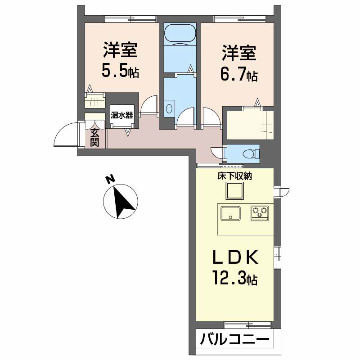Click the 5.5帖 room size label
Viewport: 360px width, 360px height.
pyautogui.click(x=120, y=71)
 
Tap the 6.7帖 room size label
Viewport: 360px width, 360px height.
pyautogui.click(x=238, y=74)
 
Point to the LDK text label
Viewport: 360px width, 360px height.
pyautogui.click(x=235, y=257)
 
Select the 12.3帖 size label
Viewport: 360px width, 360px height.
pyautogui.click(x=235, y=279)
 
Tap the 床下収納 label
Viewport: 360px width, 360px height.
pyautogui.click(x=234, y=176)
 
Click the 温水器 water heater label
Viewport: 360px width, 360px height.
pyautogui.click(x=121, y=115)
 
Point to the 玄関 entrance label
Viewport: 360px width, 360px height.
pyautogui.click(x=94, y=138)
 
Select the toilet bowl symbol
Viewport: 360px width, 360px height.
pyautogui.click(x=248, y=153)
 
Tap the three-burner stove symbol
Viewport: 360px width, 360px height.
pyautogui.click(x=260, y=212)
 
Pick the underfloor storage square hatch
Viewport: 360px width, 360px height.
pyautogui.click(x=234, y=192)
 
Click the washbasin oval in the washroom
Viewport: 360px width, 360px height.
pyautogui.click(x=169, y=108)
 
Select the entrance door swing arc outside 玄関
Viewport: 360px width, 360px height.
pyautogui.click(x=65, y=135)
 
